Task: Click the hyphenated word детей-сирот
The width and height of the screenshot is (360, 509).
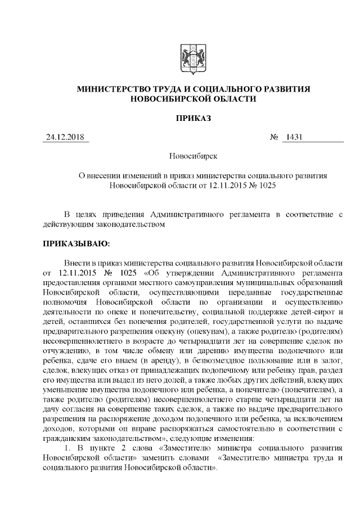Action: (x=314, y=312)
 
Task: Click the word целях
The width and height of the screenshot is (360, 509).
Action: (x=89, y=215)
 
